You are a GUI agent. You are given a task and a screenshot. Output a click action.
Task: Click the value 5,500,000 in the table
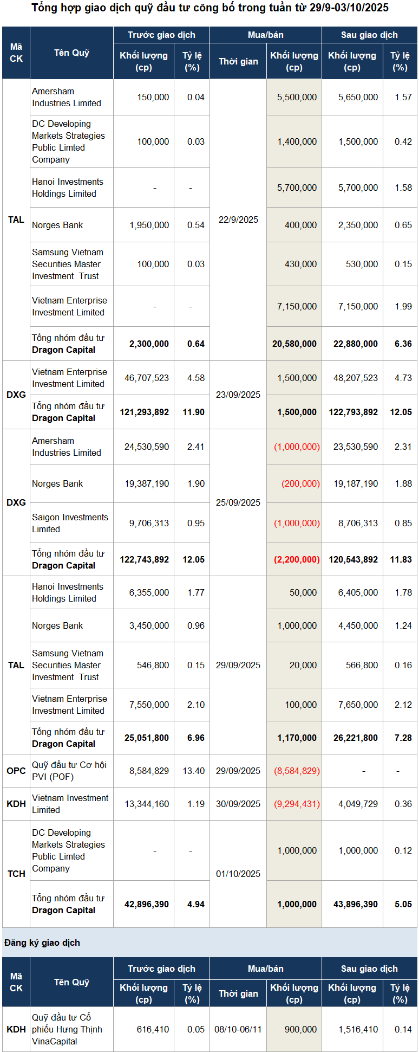(297, 98)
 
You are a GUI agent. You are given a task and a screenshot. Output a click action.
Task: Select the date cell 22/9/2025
(238, 220)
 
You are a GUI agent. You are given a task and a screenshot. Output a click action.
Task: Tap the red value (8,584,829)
(297, 771)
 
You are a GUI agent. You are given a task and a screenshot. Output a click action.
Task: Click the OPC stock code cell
(16, 771)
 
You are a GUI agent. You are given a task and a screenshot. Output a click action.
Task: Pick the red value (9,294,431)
(297, 804)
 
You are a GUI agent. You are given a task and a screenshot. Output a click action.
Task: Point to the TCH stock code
(16, 874)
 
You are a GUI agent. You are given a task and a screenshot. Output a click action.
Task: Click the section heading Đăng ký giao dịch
(42, 943)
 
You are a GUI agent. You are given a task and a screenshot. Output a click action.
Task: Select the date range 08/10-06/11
(238, 1029)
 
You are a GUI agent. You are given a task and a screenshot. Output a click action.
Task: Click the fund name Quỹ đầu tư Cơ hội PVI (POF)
(69, 771)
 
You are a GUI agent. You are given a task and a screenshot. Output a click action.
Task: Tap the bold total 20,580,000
(294, 344)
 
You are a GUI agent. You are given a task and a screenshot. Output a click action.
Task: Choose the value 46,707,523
(147, 378)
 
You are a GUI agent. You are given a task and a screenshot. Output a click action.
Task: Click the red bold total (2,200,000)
(297, 559)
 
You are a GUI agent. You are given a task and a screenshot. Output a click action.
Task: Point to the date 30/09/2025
(238, 804)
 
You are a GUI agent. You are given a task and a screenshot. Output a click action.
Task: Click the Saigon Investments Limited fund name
(70, 523)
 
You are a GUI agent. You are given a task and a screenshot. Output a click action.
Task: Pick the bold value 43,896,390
(356, 904)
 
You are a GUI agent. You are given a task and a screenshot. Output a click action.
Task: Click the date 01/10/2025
(238, 874)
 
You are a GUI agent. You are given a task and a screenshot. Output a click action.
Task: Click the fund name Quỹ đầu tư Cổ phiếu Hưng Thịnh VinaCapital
(67, 1029)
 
